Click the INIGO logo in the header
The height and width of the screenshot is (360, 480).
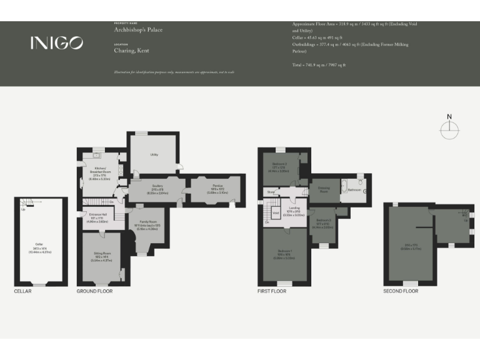click(x=56, y=42)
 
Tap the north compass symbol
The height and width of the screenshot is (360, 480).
click(x=449, y=129)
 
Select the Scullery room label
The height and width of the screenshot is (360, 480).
click(x=157, y=187)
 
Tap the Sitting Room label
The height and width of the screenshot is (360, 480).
click(x=102, y=257)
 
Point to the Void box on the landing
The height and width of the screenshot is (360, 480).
click(x=275, y=212)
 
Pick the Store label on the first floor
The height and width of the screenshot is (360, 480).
click(x=271, y=192)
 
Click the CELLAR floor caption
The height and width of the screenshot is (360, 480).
click(x=22, y=291)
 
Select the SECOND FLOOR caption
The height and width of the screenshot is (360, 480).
click(x=401, y=291)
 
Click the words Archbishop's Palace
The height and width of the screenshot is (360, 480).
click(x=134, y=29)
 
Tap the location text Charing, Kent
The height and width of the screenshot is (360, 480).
click(x=131, y=50)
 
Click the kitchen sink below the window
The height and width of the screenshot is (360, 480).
click(x=97, y=156)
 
